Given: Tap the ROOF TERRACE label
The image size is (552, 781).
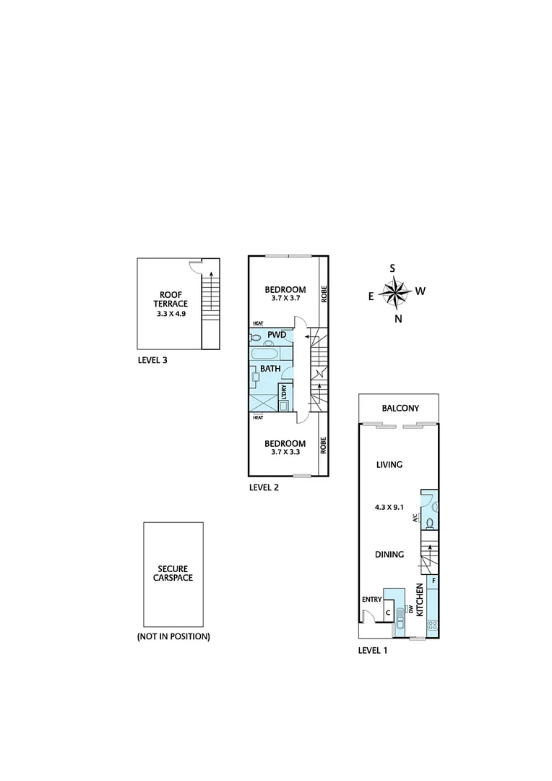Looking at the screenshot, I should pyautogui.click(x=173, y=304).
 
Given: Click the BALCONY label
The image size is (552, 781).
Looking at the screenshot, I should pyautogui.click(x=400, y=409).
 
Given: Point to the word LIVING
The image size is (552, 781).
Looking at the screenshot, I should pyautogui.click(x=389, y=465).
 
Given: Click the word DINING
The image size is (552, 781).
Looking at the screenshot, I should pyautogui.click(x=389, y=555).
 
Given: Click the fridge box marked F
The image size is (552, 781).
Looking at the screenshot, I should pyautogui.click(x=434, y=581).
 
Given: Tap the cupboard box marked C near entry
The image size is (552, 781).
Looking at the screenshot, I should pyautogui.click(x=388, y=613).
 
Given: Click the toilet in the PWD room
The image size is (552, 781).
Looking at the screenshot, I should pyautogui.click(x=256, y=336).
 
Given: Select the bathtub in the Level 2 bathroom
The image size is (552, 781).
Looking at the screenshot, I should pyautogui.click(x=264, y=354).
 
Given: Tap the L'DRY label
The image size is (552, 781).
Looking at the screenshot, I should pyautogui.click(x=285, y=391).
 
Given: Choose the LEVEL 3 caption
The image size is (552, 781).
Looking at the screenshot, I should pyautogui.click(x=152, y=359).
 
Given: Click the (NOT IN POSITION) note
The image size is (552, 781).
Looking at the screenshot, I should pyautogui.click(x=173, y=637).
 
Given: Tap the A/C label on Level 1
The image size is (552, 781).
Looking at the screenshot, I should pyautogui.click(x=416, y=518).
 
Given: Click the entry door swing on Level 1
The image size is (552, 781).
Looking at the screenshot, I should pyautogui.click(x=368, y=616).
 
